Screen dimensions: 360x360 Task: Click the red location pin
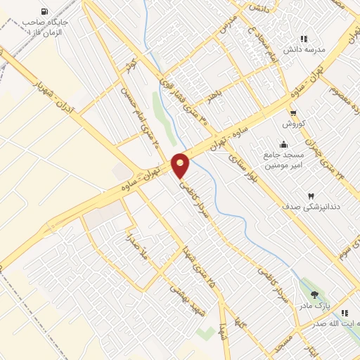(x=181, y=166)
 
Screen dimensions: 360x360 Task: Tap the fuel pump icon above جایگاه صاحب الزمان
(x=45, y=12)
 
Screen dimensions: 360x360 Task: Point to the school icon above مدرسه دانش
(x=304, y=39)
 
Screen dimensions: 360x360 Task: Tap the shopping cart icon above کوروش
(x=292, y=112)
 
